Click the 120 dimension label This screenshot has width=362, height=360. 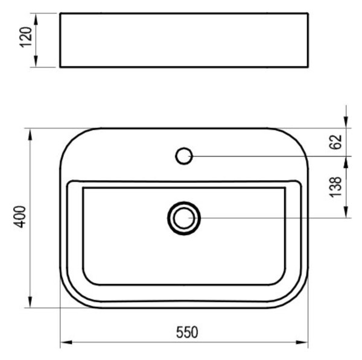pos(25,37)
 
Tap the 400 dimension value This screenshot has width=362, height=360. pos(19,216)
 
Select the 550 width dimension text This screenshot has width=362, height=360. pos(187,332)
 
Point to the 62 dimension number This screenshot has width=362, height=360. pos(335,142)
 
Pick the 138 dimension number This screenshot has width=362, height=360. pos(335,187)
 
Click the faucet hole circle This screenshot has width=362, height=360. pos(184,156)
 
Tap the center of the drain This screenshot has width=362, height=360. pos(184,218)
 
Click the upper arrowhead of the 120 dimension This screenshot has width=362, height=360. pos(36,19)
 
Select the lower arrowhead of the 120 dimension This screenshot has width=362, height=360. pos(36,62)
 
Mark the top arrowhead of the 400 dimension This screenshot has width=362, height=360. pos(30,134)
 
